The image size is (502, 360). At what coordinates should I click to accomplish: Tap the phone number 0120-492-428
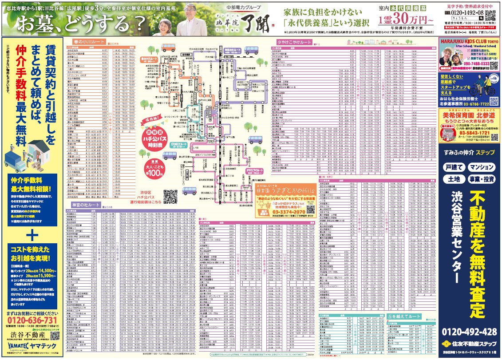(x=469, y=332)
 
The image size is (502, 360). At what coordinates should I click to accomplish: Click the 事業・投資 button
(x=481, y=179)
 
